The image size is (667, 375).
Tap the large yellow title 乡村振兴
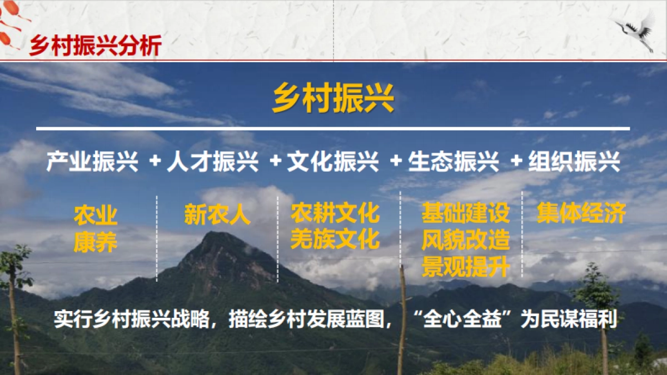pos(333,98)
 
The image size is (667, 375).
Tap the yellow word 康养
pos(96,242)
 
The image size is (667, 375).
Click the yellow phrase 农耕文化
pos(335,213)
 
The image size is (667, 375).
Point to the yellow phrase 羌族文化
pos(335,239)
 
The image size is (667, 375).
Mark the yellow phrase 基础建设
pos(465,213)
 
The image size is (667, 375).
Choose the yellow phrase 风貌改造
pos(465,241)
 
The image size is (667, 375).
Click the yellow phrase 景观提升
pos(465,267)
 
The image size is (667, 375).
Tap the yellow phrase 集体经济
pos(581,213)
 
